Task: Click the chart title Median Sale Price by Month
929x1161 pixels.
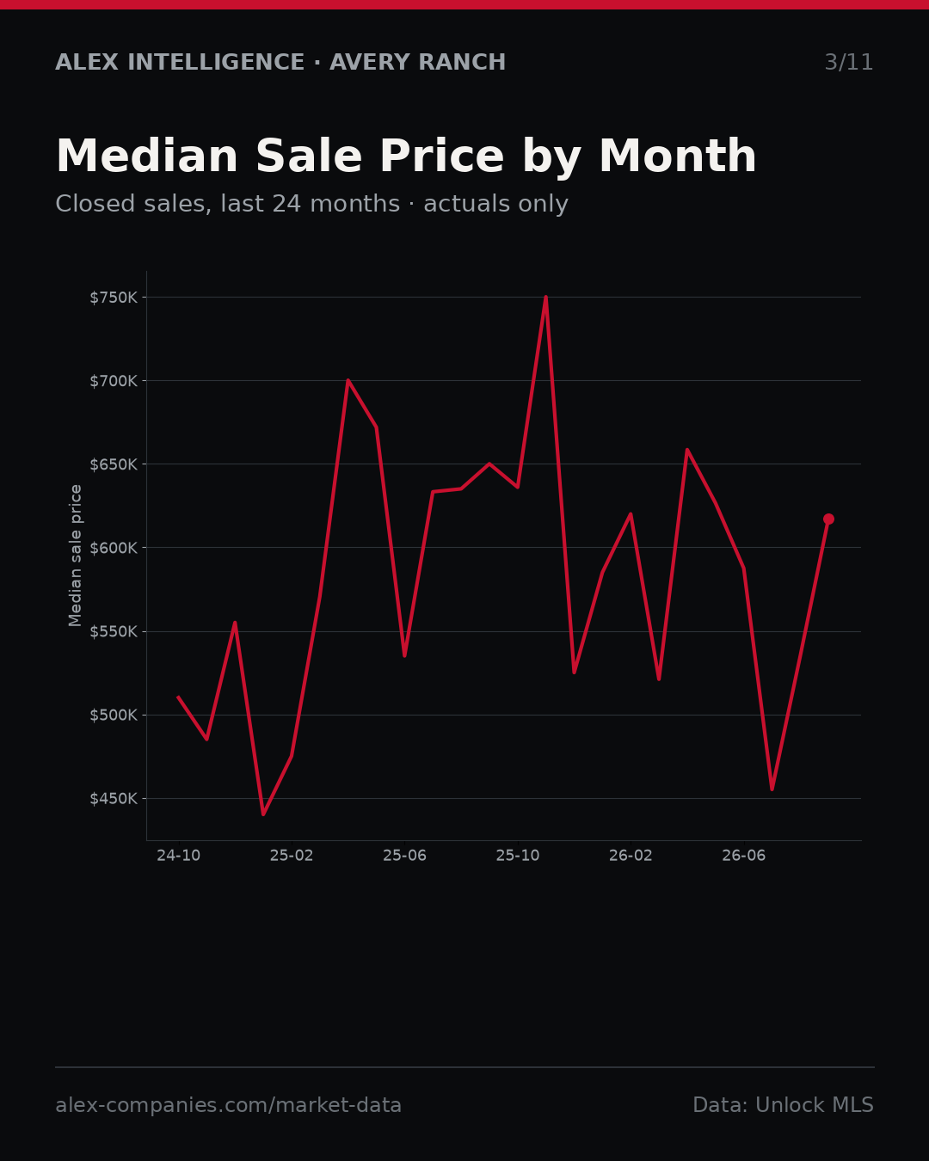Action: click(406, 157)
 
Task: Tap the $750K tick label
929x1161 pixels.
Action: click(114, 298)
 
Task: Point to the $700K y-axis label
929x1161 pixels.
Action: click(114, 381)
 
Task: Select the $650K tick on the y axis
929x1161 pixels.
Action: click(114, 464)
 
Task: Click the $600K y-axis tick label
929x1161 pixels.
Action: click(114, 548)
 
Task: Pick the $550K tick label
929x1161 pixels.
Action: click(114, 632)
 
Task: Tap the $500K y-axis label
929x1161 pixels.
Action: click(114, 716)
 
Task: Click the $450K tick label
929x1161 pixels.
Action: click(114, 799)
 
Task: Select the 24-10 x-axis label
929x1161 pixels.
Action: click(179, 856)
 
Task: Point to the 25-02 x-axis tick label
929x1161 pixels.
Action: click(292, 856)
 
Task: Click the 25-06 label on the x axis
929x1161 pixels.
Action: click(405, 856)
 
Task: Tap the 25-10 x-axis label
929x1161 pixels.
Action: click(518, 856)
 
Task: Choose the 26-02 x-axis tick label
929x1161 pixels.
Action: click(631, 856)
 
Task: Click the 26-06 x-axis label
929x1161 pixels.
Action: click(744, 856)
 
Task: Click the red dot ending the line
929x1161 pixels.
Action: click(828, 519)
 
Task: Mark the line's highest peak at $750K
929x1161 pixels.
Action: click(545, 297)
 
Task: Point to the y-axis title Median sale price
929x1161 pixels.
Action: click(75, 556)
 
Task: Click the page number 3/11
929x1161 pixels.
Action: click(849, 62)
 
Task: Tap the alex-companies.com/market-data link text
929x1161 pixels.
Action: click(228, 1105)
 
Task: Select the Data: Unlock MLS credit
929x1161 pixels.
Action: click(784, 1105)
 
